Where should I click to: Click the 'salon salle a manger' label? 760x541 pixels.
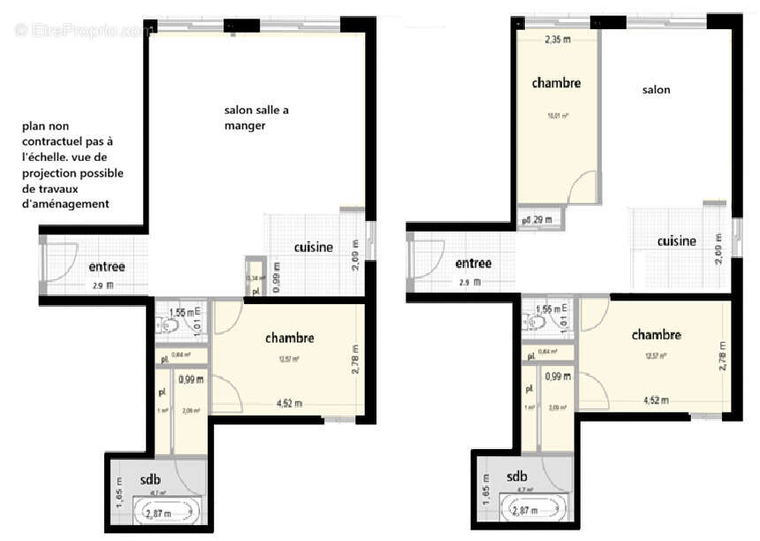coord(255,118)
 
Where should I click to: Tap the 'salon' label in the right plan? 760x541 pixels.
coord(656,89)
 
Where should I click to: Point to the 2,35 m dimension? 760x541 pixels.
coord(557,40)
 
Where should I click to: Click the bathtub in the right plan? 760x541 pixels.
coord(532,509)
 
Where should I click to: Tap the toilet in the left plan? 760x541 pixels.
coord(171,325)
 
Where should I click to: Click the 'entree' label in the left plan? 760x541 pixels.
coord(106,267)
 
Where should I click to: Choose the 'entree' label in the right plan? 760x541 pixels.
coord(473,263)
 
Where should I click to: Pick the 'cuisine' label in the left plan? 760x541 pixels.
coord(313,248)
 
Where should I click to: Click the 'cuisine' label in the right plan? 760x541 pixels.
coord(676,241)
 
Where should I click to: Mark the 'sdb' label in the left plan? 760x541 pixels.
coord(150,479)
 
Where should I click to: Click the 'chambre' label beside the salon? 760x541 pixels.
coord(556,83)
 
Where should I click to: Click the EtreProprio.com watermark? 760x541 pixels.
coord(84,31)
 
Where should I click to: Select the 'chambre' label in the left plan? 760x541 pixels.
coord(289,338)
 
